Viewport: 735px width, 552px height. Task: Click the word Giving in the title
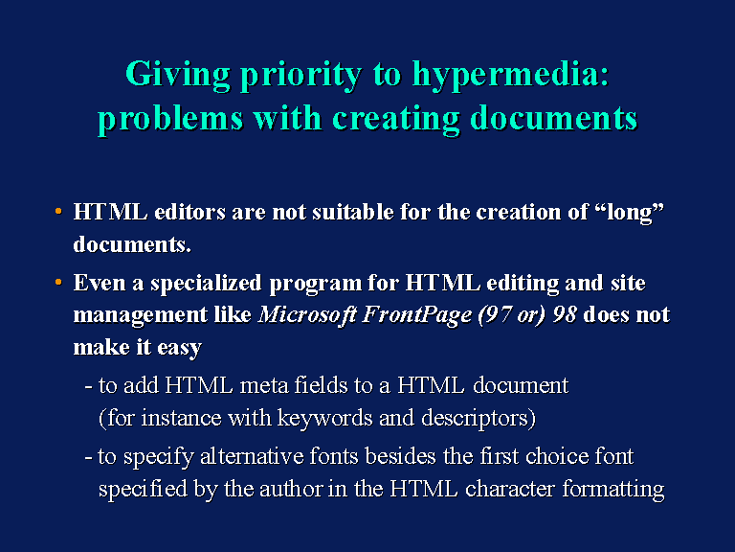click(178, 75)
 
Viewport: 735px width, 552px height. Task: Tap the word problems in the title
click(170, 119)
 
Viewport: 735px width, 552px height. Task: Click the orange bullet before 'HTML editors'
click(58, 211)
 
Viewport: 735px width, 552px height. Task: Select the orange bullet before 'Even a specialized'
click(58, 282)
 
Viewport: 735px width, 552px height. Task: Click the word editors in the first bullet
click(189, 212)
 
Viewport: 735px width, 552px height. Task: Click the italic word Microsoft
click(307, 315)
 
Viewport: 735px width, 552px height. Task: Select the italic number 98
click(565, 315)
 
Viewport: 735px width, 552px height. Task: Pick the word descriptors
click(474, 419)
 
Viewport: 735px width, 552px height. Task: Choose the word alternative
click(252, 456)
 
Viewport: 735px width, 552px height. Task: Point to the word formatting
click(613, 490)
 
